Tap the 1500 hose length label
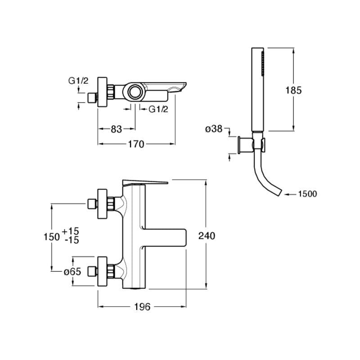coord(307,194)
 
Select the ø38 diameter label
coord(214,129)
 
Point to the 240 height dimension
coord(207,235)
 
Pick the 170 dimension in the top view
coord(135,144)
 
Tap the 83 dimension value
coord(116,129)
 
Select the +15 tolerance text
coord(71,231)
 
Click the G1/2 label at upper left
coord(78,81)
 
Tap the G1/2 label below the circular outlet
coord(158,109)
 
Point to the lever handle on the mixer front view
coord(144,182)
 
